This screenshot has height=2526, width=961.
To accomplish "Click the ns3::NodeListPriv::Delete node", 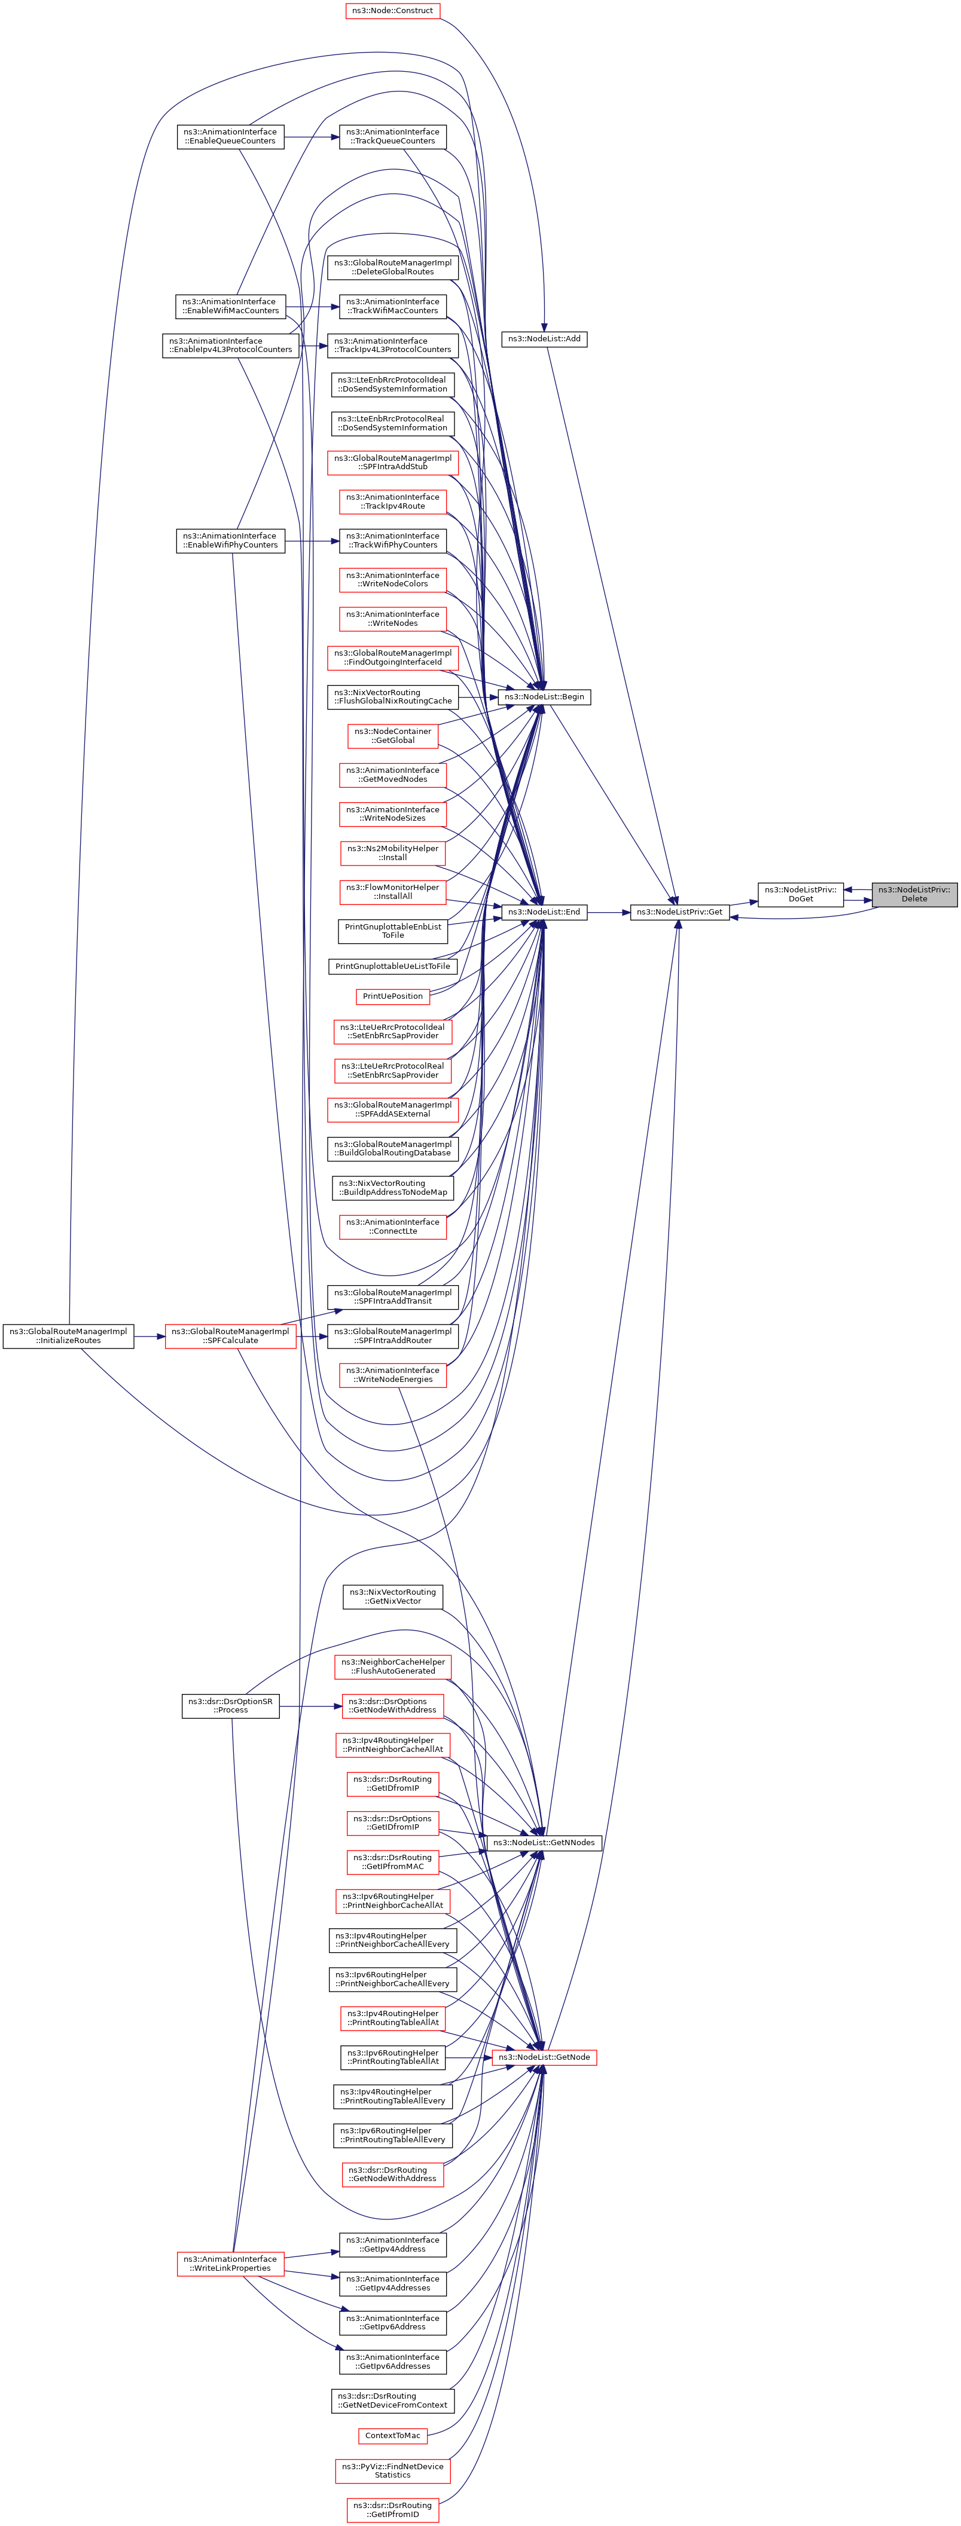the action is click(x=914, y=894).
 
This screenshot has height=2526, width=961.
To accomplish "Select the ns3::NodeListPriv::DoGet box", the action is click(x=800, y=894).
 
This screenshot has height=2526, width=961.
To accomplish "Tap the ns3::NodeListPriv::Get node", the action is click(x=679, y=912).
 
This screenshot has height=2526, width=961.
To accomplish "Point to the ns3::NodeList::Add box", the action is click(x=542, y=338).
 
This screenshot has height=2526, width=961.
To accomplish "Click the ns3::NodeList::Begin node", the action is click(x=544, y=696).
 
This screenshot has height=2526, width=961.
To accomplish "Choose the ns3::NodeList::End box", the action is click(x=543, y=912).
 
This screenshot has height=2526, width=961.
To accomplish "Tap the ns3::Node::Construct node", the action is click(x=392, y=11).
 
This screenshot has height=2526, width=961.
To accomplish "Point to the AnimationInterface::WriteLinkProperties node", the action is click(x=230, y=2263).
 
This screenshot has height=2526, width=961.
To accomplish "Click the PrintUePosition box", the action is click(x=392, y=996).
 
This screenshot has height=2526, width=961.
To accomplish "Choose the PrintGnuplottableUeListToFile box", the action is click(x=392, y=967).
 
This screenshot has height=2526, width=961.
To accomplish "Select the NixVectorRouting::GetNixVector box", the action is click(x=392, y=1597).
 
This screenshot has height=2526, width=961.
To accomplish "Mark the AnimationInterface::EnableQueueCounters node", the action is click(x=230, y=136).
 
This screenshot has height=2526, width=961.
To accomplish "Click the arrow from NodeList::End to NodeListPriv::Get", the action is click(x=608, y=912).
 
